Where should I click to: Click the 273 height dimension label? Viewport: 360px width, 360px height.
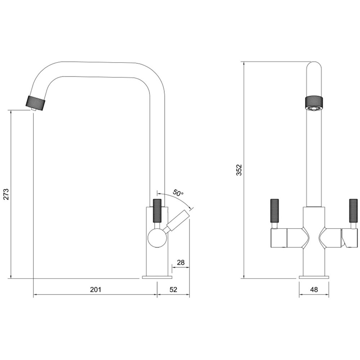pyautogui.click(x=6, y=194)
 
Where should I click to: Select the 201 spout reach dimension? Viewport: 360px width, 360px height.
pyautogui.click(x=95, y=289)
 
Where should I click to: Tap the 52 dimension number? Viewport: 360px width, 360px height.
pyautogui.click(x=174, y=289)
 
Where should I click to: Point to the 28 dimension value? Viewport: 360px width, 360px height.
pyautogui.click(x=181, y=262)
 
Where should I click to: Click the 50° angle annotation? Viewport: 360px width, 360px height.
pyautogui.click(x=178, y=192)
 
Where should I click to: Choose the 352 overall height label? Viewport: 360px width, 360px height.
pyautogui.click(x=239, y=170)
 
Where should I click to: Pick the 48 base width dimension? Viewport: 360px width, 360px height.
pyautogui.click(x=314, y=289)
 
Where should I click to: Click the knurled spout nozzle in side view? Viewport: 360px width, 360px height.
pyautogui.click(x=36, y=103)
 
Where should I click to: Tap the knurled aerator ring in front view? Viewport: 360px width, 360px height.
pyautogui.click(x=314, y=104)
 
